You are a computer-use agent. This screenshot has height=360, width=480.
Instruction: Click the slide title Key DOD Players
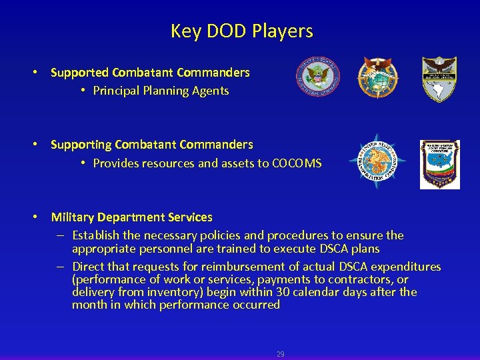click(241, 31)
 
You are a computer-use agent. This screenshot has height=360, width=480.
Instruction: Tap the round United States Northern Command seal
click(318, 76)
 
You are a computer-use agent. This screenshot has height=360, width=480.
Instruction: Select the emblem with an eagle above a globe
click(377, 77)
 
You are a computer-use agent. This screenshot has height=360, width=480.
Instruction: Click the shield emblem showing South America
click(439, 79)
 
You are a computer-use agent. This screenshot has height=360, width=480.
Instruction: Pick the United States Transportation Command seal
click(377, 161)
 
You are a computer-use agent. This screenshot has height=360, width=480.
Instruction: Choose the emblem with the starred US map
click(439, 164)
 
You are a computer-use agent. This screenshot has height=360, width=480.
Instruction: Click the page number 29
click(280, 354)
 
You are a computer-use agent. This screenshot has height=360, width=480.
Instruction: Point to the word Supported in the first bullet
click(79, 72)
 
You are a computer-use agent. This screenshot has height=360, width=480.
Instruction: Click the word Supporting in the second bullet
click(81, 145)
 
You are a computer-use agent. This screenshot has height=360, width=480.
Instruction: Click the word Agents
click(211, 91)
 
